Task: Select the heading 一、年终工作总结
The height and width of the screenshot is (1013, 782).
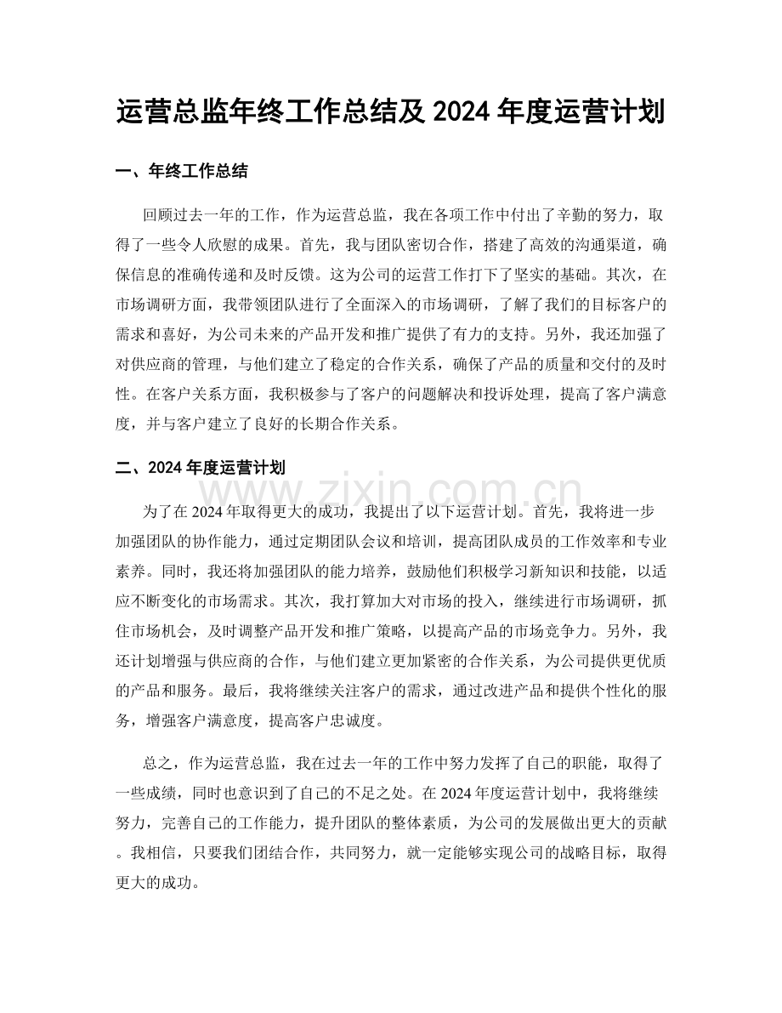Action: coord(181,172)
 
